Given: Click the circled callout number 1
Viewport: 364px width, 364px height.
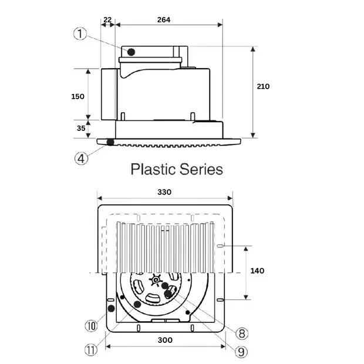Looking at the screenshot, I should [80, 33].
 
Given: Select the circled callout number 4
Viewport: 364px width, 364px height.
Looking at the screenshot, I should [82, 158].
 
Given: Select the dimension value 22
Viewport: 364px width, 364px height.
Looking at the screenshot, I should [107, 19].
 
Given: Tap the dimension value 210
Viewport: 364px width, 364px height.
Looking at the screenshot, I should [263, 86].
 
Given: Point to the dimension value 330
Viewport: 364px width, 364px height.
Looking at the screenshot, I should [165, 192].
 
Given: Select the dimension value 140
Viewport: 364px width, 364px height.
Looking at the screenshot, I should [257, 271].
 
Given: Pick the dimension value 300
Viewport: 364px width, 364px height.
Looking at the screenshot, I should [165, 340].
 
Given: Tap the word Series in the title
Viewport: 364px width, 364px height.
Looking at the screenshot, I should [202, 170].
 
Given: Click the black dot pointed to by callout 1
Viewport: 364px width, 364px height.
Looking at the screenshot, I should [131, 52].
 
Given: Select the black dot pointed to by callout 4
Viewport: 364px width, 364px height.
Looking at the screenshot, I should [110, 142].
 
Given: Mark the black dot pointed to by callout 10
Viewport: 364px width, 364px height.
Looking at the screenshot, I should [110, 308].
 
